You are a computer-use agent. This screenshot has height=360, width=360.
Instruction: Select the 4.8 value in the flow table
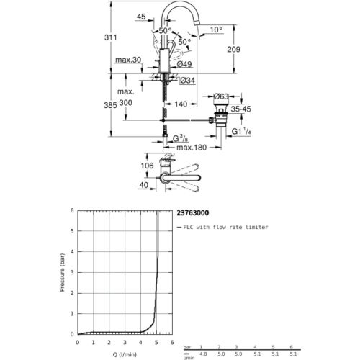[203, 354]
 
